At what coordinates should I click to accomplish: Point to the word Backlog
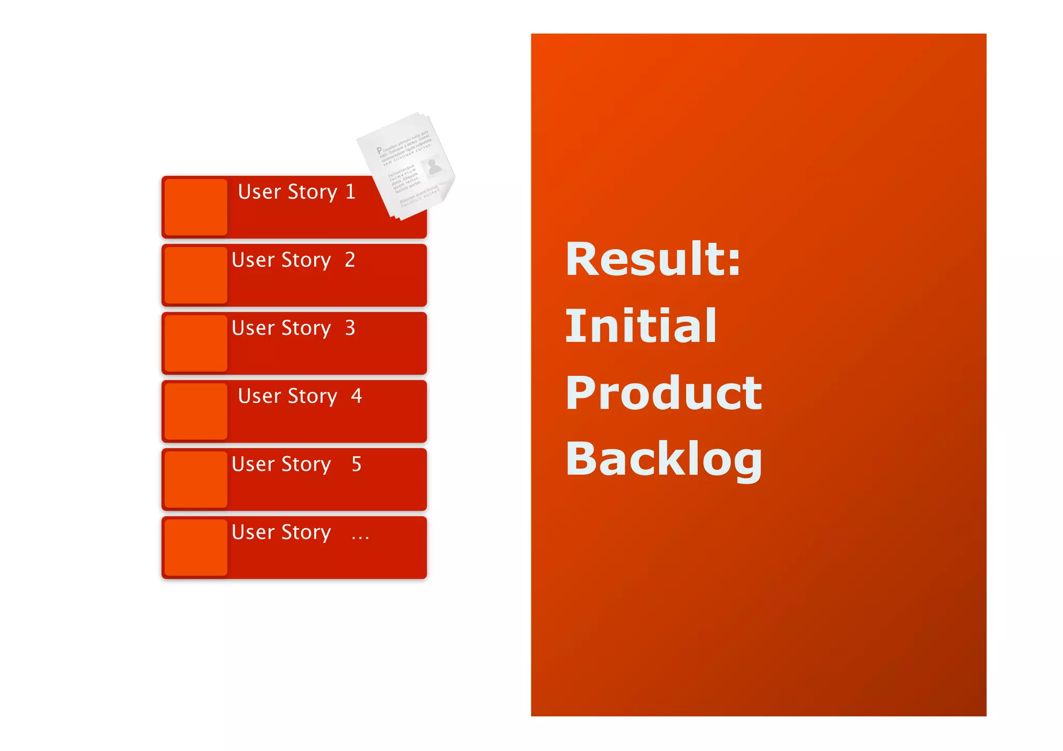[663, 459]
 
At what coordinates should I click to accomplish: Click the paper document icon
[406, 166]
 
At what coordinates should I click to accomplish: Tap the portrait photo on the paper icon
[433, 167]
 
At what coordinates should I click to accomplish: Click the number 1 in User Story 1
[350, 192]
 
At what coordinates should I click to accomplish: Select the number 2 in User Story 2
[350, 260]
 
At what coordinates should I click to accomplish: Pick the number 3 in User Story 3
[350, 328]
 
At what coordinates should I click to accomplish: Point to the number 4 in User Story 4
[356, 396]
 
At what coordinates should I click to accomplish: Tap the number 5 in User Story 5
[356, 464]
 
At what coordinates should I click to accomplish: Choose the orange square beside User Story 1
[196, 207]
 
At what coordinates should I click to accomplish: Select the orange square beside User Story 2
[196, 275]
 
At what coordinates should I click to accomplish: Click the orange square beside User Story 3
[196, 343]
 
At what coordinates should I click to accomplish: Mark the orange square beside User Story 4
[196, 411]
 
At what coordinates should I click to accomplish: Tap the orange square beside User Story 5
[196, 479]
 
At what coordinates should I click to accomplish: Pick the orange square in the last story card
[196, 547]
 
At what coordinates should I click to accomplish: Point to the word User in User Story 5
[253, 464]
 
